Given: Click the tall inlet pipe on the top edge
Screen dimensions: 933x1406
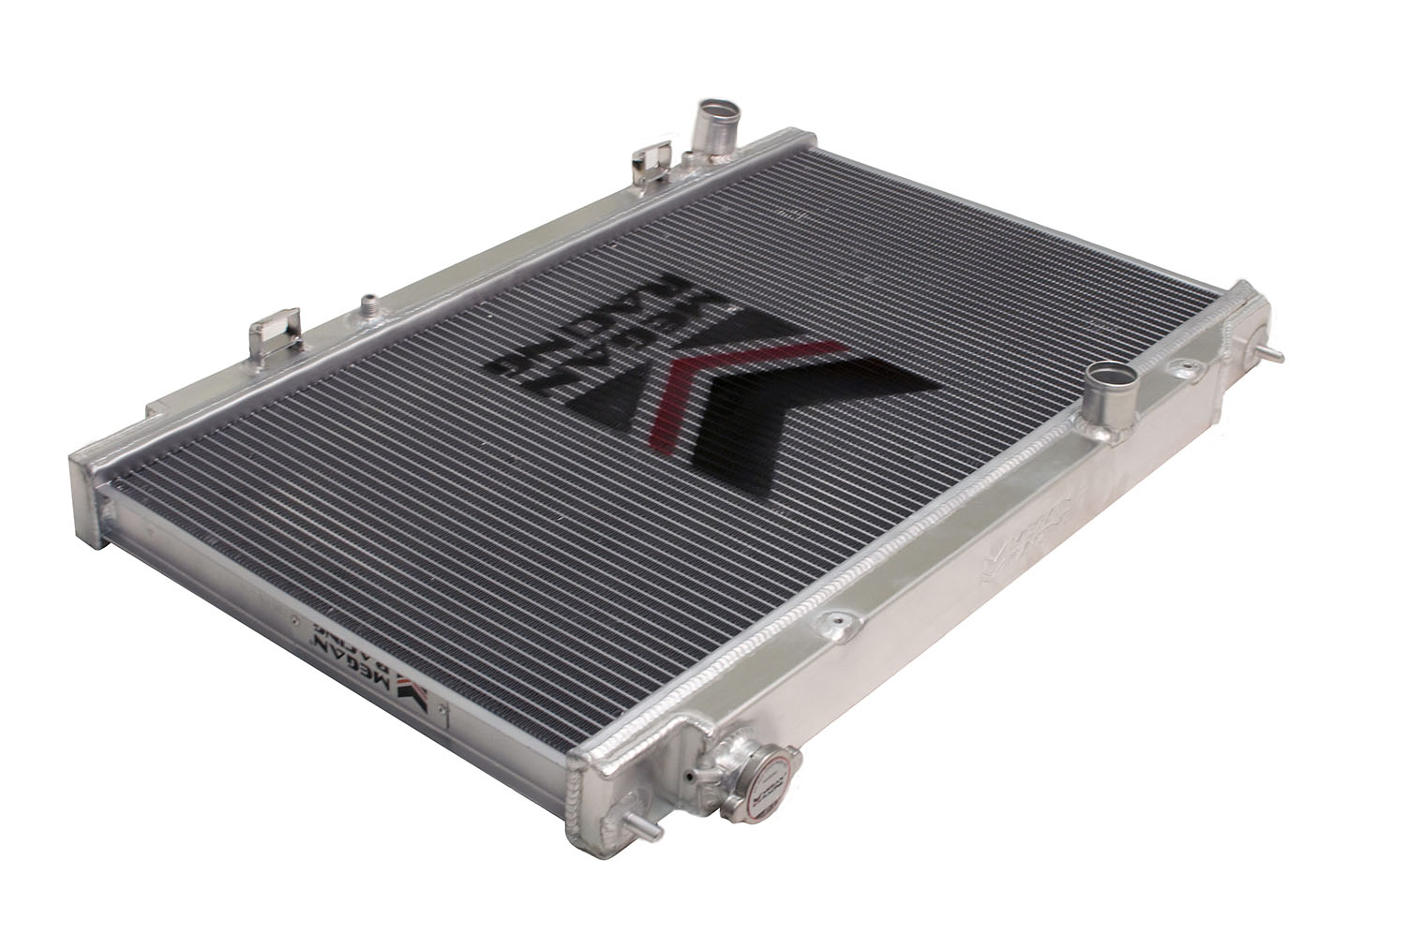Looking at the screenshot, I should coord(704,130).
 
